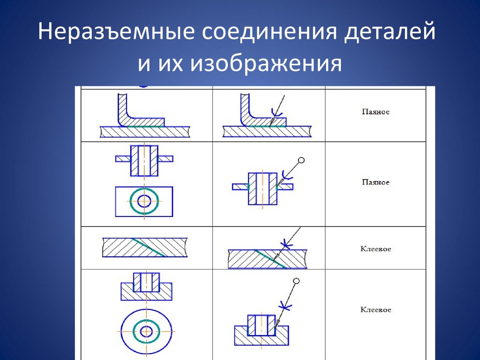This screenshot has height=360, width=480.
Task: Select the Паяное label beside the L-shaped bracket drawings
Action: click(x=375, y=112)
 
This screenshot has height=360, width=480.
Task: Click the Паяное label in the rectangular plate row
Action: click(x=375, y=182)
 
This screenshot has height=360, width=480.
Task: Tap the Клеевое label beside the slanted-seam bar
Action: click(x=375, y=249)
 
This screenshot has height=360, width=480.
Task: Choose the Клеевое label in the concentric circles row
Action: click(x=375, y=310)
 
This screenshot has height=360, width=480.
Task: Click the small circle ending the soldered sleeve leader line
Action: click(x=301, y=160)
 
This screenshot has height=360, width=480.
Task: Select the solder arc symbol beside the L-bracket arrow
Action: click(x=277, y=113)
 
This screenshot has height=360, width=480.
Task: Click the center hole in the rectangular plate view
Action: click(x=144, y=202)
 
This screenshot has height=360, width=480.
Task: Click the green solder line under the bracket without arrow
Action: click(x=145, y=127)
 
